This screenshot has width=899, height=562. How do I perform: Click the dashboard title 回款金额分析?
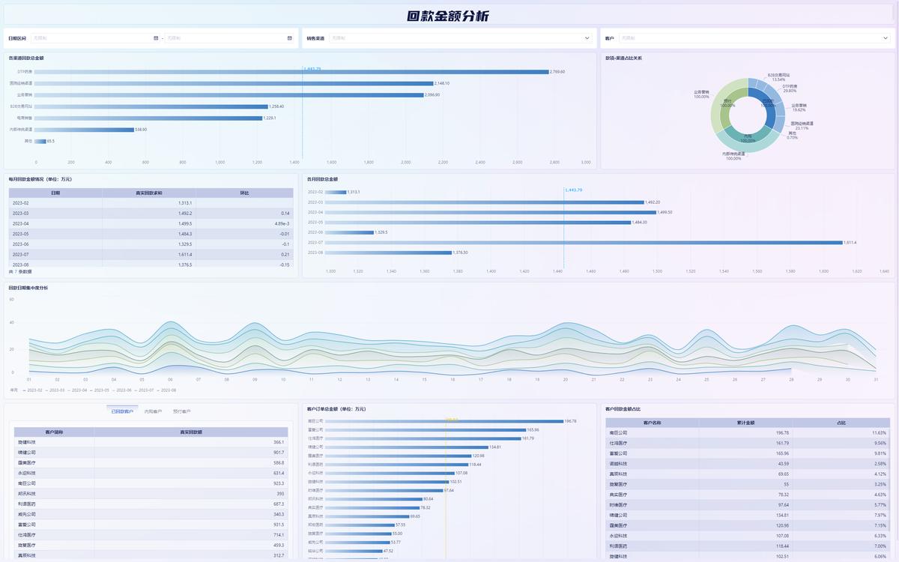[449, 16]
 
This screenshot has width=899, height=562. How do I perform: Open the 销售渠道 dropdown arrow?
[587, 37]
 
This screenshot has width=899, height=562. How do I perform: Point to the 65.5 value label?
[50, 141]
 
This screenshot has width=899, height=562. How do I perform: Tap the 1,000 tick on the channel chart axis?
[220, 162]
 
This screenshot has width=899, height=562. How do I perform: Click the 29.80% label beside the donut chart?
[789, 91]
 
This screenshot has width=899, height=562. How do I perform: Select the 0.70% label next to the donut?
[793, 137]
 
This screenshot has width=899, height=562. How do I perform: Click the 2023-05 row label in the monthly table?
[21, 234]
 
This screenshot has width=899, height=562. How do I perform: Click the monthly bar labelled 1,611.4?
[584, 242]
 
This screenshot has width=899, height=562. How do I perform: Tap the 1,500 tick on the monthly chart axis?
[657, 271]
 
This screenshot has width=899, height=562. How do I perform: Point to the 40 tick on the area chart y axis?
[11, 322]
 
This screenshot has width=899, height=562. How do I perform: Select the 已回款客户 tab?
[122, 411]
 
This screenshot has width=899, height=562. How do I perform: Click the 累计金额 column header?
[746, 423]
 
